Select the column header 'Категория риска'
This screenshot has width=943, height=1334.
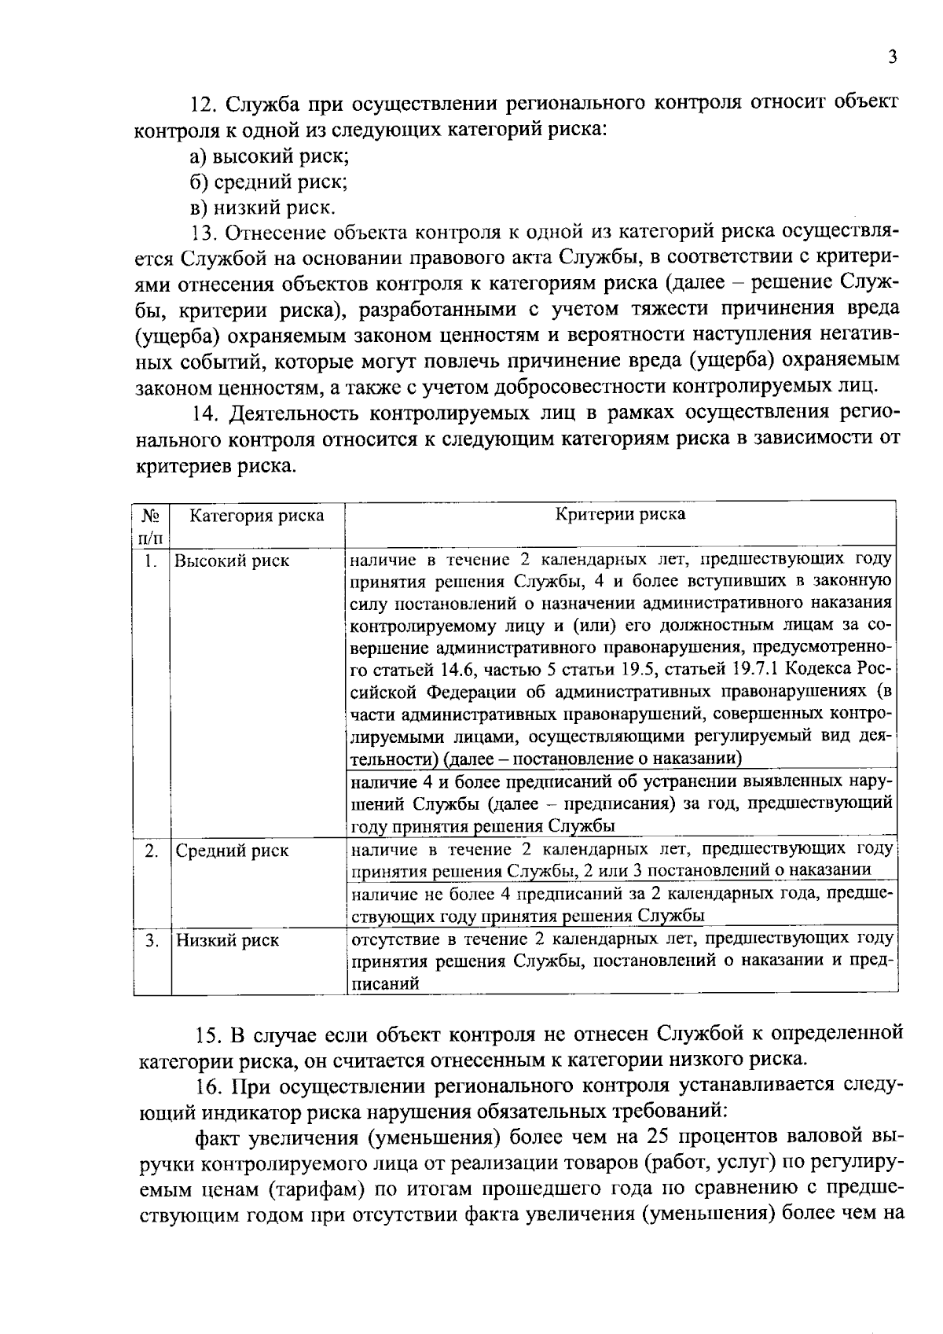point(257,516)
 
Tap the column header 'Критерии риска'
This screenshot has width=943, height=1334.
point(620,514)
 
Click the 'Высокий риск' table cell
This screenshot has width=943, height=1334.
point(232,560)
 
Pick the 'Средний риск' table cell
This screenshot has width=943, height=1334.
point(232,851)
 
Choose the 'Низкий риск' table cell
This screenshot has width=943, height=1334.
point(227,940)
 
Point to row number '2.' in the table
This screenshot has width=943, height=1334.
point(152,851)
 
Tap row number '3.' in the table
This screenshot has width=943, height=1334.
point(152,940)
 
